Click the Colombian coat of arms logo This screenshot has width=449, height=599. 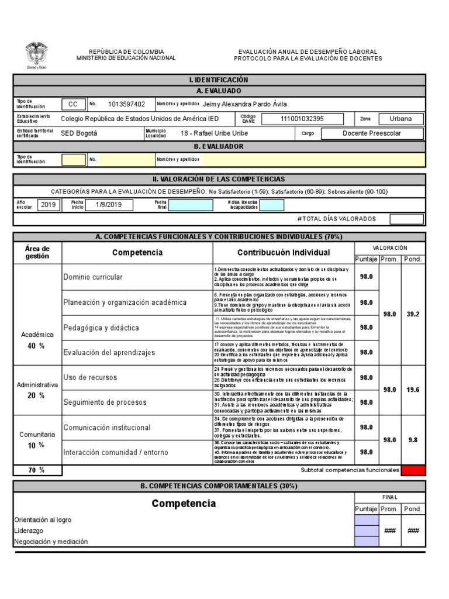36,55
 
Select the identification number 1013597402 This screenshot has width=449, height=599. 127,104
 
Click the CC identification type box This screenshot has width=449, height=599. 73,104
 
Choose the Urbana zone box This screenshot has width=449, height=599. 400,119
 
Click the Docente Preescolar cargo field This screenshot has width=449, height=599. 372,133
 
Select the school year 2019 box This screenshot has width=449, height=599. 47,205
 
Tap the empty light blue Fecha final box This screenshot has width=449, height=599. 191,205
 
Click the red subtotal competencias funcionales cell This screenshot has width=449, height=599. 413,470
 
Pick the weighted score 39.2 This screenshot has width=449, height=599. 413,314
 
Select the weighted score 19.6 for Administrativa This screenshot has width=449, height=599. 413,390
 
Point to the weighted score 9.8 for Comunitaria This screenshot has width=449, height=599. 413,439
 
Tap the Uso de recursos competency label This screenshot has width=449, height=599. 91,377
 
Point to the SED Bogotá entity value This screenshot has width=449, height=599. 80,133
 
